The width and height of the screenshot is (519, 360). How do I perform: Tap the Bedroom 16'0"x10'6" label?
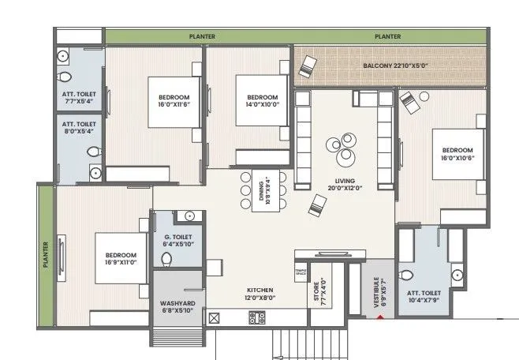[x=457, y=154]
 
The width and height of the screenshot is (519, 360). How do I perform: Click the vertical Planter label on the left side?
[x=46, y=255]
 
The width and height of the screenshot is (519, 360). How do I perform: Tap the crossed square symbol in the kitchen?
[x=213, y=318]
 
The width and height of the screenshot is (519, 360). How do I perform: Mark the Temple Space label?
[x=301, y=272]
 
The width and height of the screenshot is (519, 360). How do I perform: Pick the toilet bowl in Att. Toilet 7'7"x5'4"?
[x=66, y=77]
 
